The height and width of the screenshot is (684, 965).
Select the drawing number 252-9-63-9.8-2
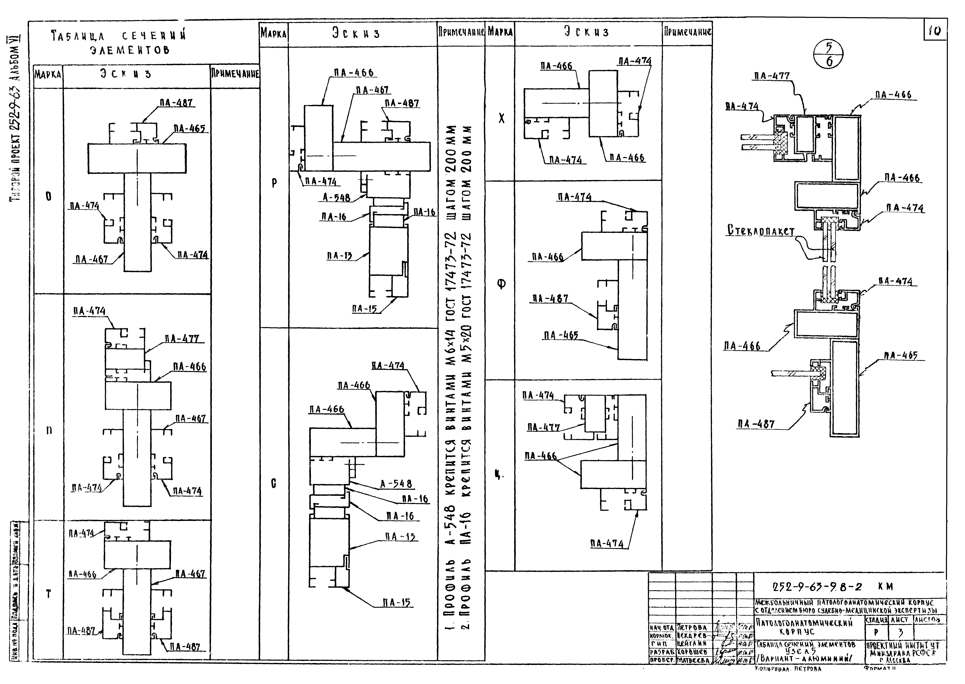[817, 587]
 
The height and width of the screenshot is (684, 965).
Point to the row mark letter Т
[48, 594]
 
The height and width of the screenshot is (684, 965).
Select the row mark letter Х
[501, 119]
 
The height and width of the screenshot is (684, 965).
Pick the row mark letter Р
[274, 183]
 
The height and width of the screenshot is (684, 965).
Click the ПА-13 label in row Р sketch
[339, 256]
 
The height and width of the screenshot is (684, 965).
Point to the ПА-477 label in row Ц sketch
[543, 428]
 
